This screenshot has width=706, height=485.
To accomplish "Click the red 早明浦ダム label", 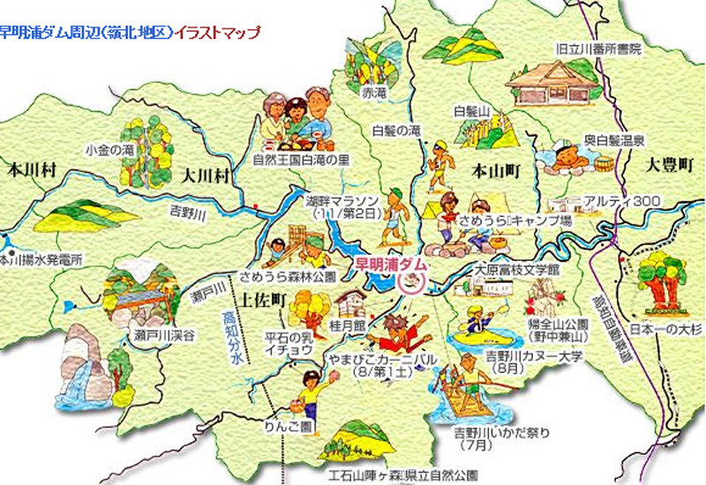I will tap(390, 264).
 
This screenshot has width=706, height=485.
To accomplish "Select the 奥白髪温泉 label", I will tap(614, 139).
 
